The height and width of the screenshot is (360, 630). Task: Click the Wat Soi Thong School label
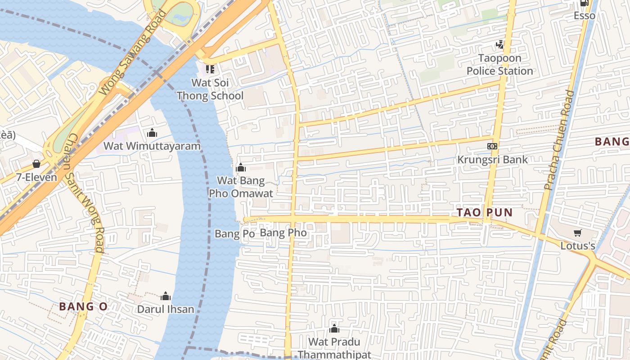click(x=210, y=89)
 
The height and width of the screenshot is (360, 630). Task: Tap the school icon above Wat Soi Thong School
click(x=210, y=69)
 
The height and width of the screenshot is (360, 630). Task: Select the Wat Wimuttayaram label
click(x=152, y=146)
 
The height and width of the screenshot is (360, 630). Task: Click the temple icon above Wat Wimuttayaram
click(x=152, y=133)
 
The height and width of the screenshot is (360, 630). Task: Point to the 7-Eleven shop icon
click(x=36, y=164)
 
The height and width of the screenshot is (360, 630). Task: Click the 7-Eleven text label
click(x=37, y=177)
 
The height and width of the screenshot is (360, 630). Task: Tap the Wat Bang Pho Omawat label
click(x=241, y=187)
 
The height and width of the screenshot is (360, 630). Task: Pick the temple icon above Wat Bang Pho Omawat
click(x=241, y=168)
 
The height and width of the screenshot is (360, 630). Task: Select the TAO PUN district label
click(x=485, y=213)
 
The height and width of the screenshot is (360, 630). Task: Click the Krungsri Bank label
click(x=492, y=160)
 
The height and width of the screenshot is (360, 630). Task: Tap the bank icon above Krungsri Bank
click(x=492, y=146)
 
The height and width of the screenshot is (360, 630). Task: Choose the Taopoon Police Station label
click(x=499, y=65)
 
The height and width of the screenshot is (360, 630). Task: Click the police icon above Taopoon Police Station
click(x=499, y=44)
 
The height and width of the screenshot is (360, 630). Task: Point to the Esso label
click(x=584, y=16)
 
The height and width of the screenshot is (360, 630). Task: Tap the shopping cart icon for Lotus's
click(x=578, y=233)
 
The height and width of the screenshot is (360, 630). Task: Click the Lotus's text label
click(x=578, y=246)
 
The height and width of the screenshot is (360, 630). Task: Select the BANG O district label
click(x=83, y=307)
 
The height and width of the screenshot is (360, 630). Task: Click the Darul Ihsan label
click(x=166, y=310)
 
